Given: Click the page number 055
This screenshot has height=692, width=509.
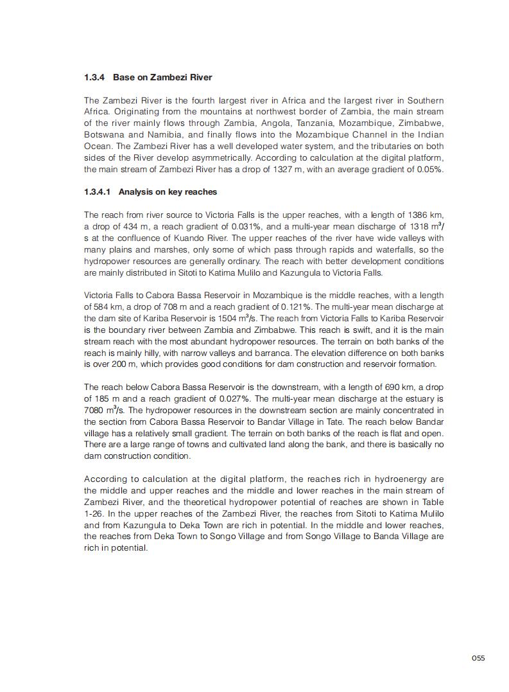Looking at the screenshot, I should [x=478, y=657].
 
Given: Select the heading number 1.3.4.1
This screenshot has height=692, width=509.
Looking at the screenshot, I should [x=99, y=192].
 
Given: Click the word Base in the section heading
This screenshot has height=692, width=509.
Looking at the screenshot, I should [x=123, y=78].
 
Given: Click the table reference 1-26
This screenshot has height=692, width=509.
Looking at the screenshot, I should [x=94, y=514].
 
